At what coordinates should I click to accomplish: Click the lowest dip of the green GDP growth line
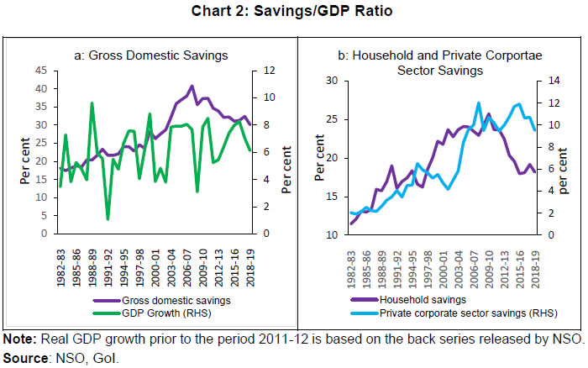[108, 218]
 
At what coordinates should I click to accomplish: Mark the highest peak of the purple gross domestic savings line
[192, 86]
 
